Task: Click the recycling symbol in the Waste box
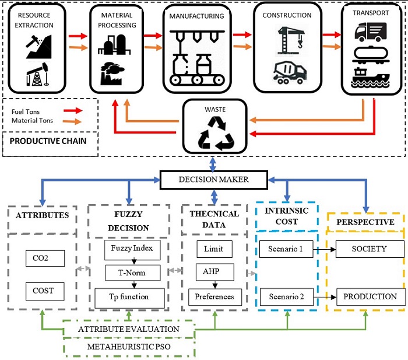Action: pos(217,132)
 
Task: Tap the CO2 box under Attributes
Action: pos(45,258)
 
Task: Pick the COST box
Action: pos(45,290)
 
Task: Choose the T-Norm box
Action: pos(128,272)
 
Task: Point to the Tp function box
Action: pos(128,296)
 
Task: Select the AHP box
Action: pos(210,272)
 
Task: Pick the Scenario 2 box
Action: pos(286,297)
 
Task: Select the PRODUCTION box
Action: pos(370,297)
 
